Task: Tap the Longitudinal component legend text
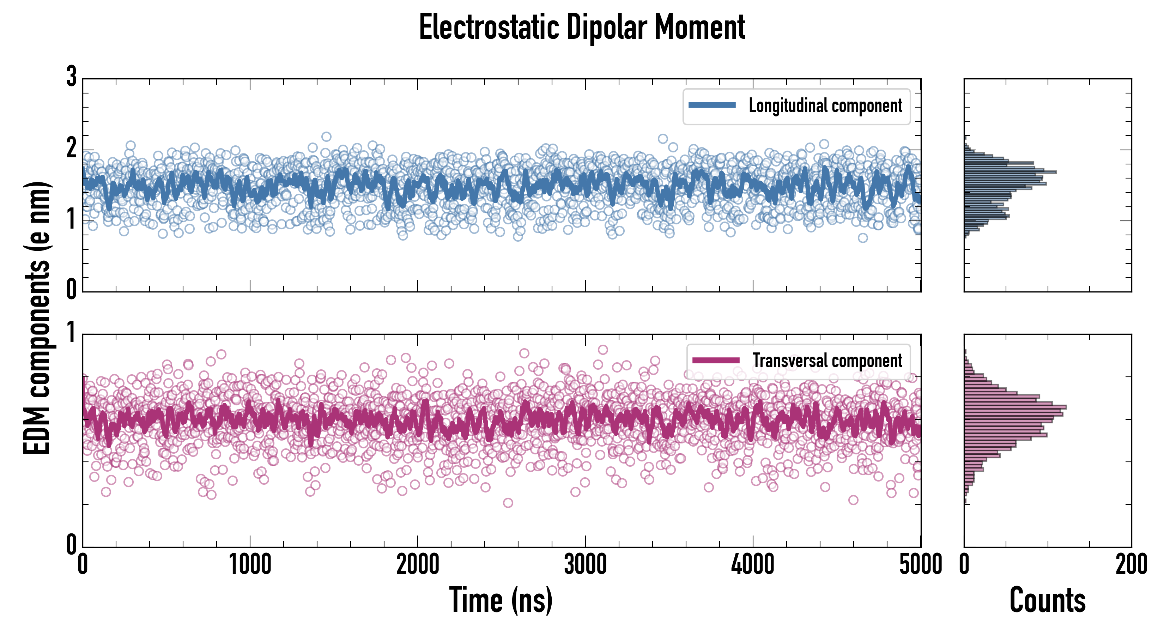[x=825, y=106]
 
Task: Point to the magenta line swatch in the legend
[x=716, y=360]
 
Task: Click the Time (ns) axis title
[x=501, y=600]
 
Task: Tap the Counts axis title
[x=1047, y=600]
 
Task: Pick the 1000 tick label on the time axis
[x=250, y=565]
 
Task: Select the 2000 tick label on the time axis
[x=418, y=565]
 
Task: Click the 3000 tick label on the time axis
[x=585, y=565]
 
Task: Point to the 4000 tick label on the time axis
[x=753, y=565]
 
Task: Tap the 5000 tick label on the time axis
[x=921, y=565]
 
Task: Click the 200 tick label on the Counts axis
[x=1131, y=565]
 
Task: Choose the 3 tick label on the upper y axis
[x=71, y=77]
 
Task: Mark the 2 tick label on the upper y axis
[x=71, y=148]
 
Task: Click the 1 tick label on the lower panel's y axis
[x=71, y=333]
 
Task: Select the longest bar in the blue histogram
[x=1010, y=172]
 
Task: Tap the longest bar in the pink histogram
[x=1015, y=407]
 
